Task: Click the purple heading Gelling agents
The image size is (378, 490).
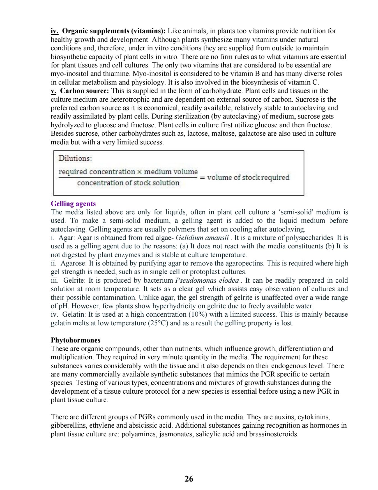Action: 73,204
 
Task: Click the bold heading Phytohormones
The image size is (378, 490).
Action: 75,340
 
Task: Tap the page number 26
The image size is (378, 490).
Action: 189,478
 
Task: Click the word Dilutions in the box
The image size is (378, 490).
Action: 75,158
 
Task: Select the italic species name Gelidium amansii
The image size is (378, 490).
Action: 202,238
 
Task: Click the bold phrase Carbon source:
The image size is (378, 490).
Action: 84,91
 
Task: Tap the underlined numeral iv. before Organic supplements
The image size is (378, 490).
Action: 54,31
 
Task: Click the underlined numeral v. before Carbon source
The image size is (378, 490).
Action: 53,91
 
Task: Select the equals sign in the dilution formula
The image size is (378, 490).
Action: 202,178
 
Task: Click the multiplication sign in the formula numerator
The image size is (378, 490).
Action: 139,172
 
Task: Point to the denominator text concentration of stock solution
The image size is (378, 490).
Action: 128,183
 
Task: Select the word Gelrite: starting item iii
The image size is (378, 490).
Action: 75,280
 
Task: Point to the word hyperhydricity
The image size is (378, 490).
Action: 174,306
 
